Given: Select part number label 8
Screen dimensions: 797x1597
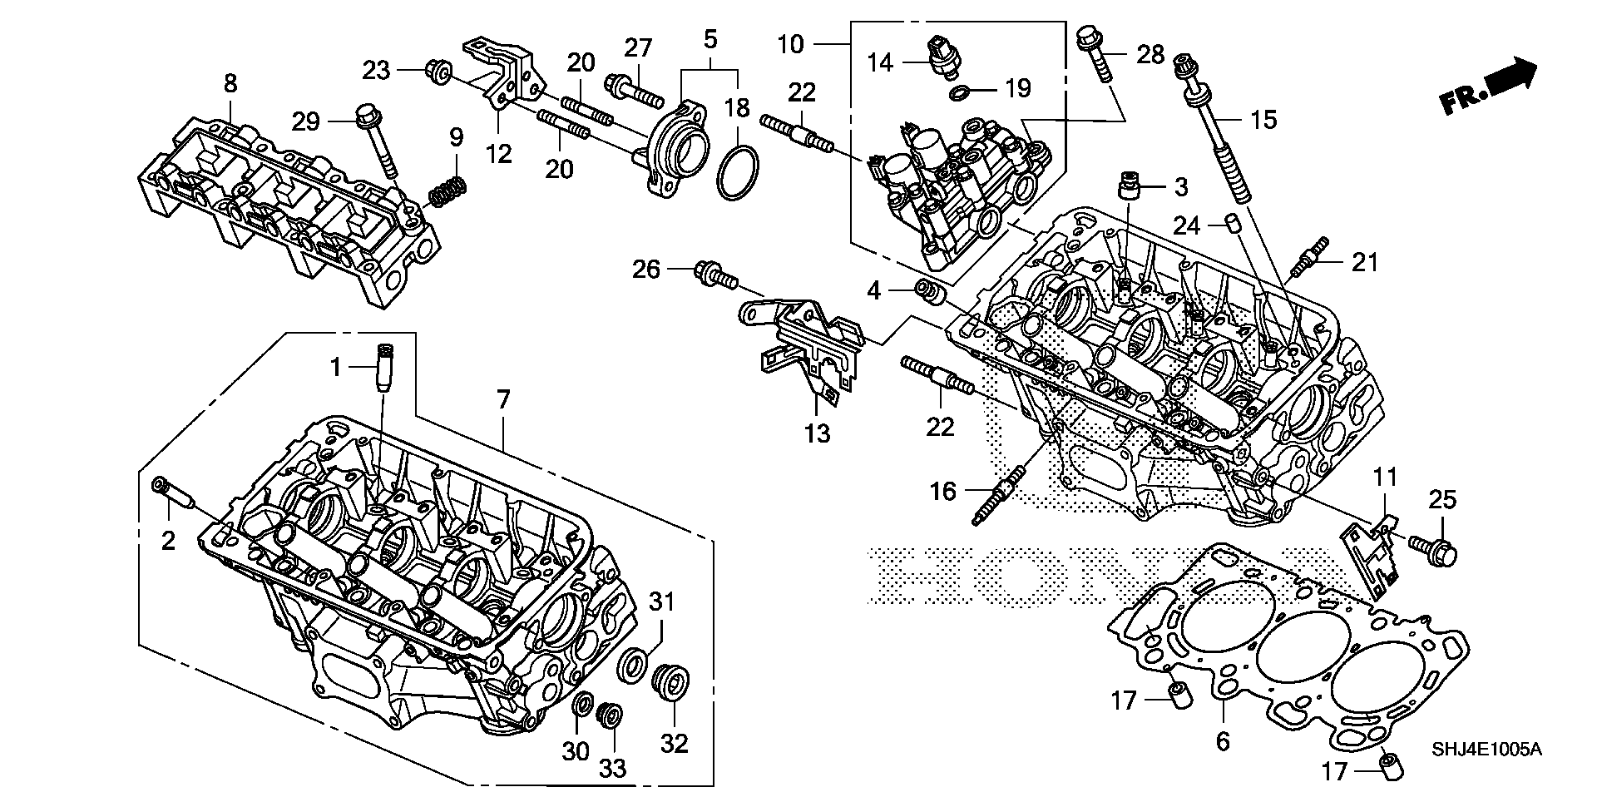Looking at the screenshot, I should tap(230, 82).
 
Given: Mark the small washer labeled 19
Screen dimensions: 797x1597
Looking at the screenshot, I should tap(962, 91).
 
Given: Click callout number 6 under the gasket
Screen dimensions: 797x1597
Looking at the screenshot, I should tap(1222, 740).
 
